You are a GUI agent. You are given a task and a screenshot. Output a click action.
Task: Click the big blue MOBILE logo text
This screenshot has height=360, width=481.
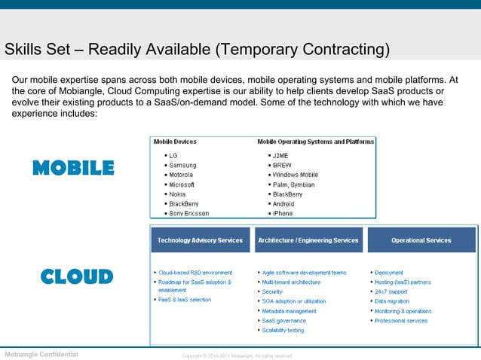[x=73, y=167]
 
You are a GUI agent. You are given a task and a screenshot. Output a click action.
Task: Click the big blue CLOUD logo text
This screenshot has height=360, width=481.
[x=76, y=276]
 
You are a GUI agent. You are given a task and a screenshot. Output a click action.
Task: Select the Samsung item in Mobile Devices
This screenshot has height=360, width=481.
[x=182, y=165]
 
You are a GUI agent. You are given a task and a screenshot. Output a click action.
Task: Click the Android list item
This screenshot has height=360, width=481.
[x=283, y=204]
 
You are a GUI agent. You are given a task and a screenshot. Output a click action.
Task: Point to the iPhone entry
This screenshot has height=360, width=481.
[x=283, y=214]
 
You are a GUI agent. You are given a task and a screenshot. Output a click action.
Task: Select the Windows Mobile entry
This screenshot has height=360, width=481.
[x=295, y=175]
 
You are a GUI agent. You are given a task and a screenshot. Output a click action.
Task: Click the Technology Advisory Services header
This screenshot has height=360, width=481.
[x=200, y=240]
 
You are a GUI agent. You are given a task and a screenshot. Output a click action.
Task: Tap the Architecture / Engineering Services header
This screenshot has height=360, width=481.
[x=308, y=240]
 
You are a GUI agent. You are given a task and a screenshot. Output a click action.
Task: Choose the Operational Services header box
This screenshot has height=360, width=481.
[x=421, y=240]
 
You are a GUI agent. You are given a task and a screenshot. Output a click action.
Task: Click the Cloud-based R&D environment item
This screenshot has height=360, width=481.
[x=195, y=273]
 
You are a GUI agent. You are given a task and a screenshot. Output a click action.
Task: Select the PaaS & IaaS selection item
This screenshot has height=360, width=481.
[x=185, y=300]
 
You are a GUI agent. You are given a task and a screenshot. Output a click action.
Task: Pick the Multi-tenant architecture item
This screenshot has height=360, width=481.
[x=291, y=282]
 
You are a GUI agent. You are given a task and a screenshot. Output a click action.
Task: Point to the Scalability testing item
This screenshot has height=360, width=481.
[x=283, y=330]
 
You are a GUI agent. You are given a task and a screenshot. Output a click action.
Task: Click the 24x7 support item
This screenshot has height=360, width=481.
[x=391, y=291]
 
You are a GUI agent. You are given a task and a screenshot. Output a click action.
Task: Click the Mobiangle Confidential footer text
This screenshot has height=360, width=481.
[x=41, y=353]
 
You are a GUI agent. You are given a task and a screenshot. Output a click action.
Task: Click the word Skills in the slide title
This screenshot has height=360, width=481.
[x=23, y=50]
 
